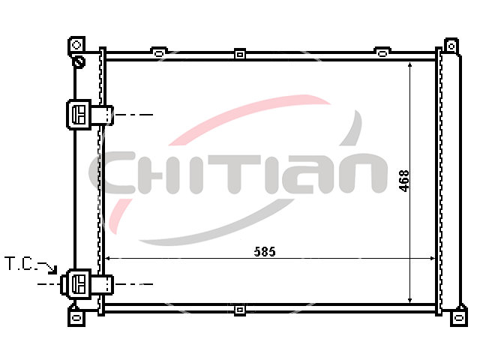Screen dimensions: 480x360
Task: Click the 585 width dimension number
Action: coord(265,252)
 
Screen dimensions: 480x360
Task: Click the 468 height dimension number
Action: coord(404,181)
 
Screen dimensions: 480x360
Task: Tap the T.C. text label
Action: coord(19,264)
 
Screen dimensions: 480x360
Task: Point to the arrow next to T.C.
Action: coord(48,267)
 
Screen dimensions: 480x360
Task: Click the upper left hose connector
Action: coord(90,115)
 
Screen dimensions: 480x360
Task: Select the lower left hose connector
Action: coord(87,284)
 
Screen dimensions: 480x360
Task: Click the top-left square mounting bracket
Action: coord(76,45)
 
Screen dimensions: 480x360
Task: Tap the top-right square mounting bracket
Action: coord(451,46)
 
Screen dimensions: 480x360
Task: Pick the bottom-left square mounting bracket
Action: coord(76,317)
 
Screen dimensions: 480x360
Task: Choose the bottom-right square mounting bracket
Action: coord(458,317)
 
